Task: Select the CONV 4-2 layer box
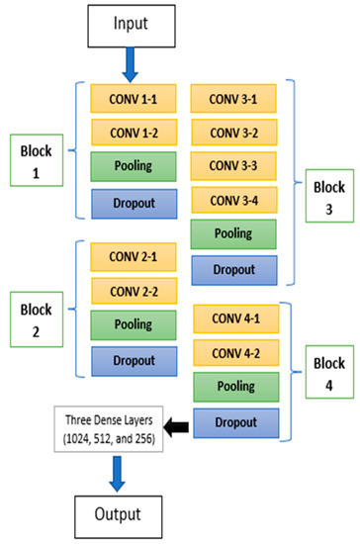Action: click(x=231, y=352)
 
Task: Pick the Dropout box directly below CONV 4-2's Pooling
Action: click(x=231, y=423)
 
